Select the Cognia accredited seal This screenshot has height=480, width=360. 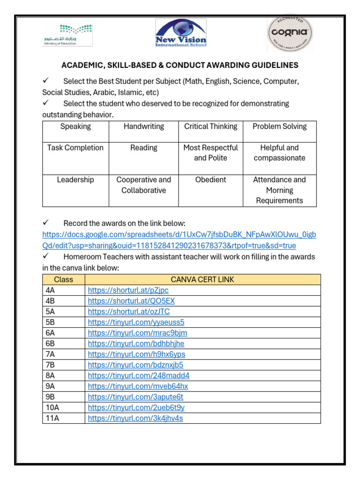click(x=290, y=34)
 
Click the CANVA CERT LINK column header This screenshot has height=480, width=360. click(x=202, y=280)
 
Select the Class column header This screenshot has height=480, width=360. click(x=63, y=280)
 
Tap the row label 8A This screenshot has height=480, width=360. click(x=51, y=376)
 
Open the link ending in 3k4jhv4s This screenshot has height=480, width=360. click(x=135, y=419)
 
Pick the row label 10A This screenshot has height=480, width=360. click(x=52, y=408)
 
